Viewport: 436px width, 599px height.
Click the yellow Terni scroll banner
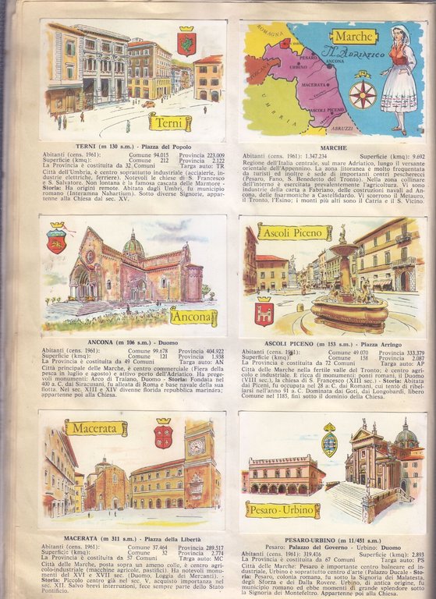(x=170, y=122)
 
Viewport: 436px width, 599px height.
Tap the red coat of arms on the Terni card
(x=186, y=44)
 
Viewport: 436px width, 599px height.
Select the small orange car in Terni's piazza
(x=147, y=104)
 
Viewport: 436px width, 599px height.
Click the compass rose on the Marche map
(x=363, y=94)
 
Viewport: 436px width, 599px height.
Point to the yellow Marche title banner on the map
(x=353, y=37)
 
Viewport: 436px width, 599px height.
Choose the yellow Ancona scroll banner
(x=193, y=317)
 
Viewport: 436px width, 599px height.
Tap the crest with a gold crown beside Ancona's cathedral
(x=56, y=237)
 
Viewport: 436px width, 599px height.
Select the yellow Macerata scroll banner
(x=95, y=427)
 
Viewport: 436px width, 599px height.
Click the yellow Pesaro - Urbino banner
(x=282, y=509)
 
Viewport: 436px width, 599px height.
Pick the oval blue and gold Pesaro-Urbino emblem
(x=329, y=441)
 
